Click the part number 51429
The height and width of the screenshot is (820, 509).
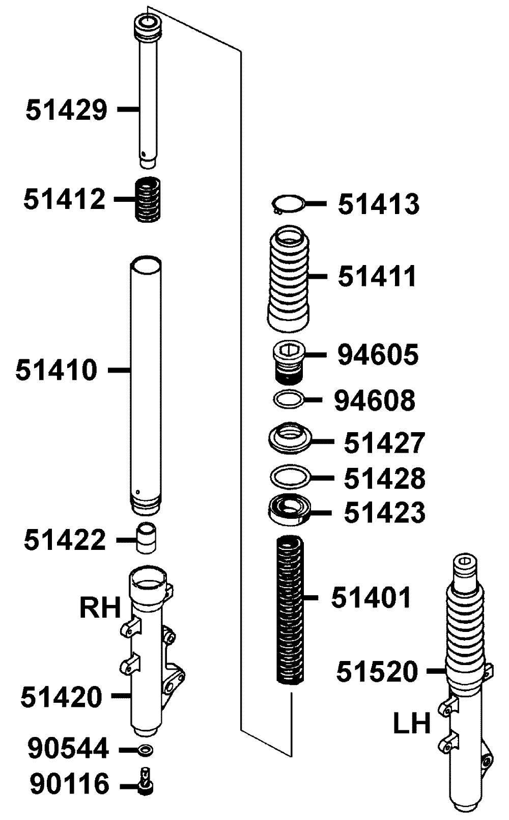click(x=67, y=110)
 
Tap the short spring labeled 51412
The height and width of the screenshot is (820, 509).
click(x=148, y=199)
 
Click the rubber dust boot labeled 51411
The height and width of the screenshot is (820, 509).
click(x=289, y=279)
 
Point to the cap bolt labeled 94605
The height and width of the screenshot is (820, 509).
click(x=289, y=362)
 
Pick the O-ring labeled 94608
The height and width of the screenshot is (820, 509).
click(x=289, y=400)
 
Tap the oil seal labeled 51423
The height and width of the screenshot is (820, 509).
click(x=289, y=510)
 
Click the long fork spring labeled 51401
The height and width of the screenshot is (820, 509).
click(x=290, y=609)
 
